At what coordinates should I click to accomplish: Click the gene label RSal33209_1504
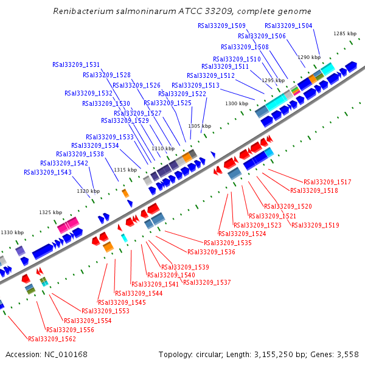288,26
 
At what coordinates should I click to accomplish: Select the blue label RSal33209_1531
76,64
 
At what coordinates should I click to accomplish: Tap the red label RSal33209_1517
327,182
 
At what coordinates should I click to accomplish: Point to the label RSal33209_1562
52,339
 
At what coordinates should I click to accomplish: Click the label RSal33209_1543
48,172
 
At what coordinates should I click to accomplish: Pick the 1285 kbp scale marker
344,33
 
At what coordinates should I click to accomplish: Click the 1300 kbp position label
237,103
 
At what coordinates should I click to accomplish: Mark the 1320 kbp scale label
88,191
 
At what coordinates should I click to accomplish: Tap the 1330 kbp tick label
12,232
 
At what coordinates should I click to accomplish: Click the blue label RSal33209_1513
195,85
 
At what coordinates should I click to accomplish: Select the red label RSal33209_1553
114,311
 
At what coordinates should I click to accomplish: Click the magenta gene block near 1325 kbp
69,226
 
